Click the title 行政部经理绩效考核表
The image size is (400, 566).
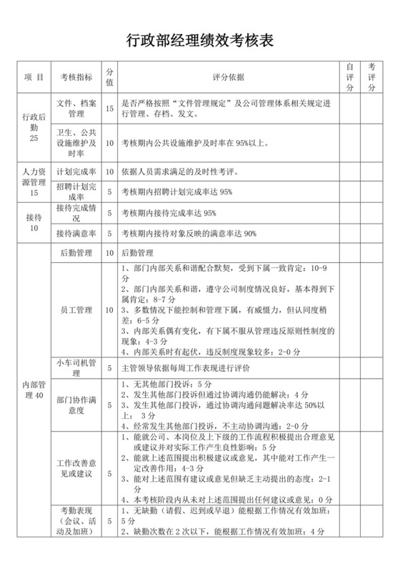(200, 41)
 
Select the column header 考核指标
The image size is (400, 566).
(76, 77)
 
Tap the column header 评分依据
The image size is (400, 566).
(229, 77)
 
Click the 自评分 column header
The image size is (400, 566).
(350, 77)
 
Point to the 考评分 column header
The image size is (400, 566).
(372, 77)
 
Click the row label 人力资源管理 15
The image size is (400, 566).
(34, 182)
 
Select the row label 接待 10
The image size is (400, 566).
(34, 223)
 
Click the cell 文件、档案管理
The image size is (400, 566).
(76, 109)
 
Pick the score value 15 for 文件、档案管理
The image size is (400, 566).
(109, 109)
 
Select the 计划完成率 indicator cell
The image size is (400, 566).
(76, 172)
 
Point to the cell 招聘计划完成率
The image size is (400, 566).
(76, 192)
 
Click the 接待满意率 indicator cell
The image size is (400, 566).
(76, 233)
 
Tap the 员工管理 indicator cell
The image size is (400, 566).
(76, 310)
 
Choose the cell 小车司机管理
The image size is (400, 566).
(76, 368)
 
